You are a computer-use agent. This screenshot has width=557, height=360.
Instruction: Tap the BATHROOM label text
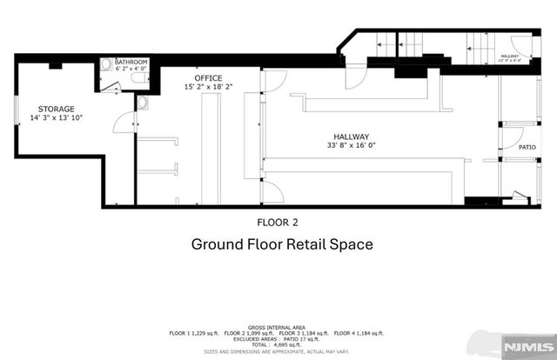[132, 62]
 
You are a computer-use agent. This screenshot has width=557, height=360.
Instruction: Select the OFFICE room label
[208, 77]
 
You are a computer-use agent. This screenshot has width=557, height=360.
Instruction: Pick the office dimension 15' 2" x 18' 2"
[208, 87]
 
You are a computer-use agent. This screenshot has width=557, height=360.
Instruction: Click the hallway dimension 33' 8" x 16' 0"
[352, 146]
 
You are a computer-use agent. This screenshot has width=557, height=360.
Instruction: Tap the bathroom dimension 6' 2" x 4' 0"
[132, 69]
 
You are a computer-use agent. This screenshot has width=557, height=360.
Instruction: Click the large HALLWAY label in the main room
[352, 137]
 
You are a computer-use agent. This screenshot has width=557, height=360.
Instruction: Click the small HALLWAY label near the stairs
[508, 56]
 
